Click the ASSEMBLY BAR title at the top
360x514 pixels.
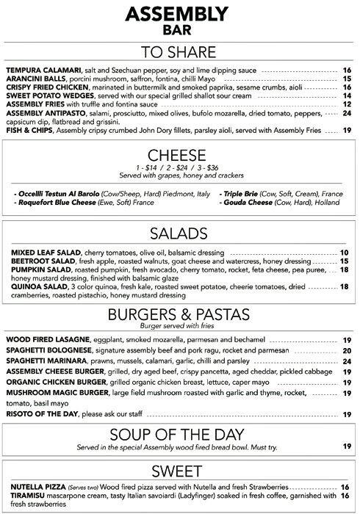(180, 20)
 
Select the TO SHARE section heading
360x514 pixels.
(180, 51)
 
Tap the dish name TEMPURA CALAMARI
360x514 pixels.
(35, 70)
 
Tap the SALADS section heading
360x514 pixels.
(180, 233)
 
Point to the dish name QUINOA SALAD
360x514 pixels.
(32, 286)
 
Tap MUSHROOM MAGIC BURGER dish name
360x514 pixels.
(55, 393)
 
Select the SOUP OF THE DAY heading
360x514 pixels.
(180, 432)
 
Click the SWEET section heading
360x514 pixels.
(180, 469)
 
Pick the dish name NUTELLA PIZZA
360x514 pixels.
(33, 487)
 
